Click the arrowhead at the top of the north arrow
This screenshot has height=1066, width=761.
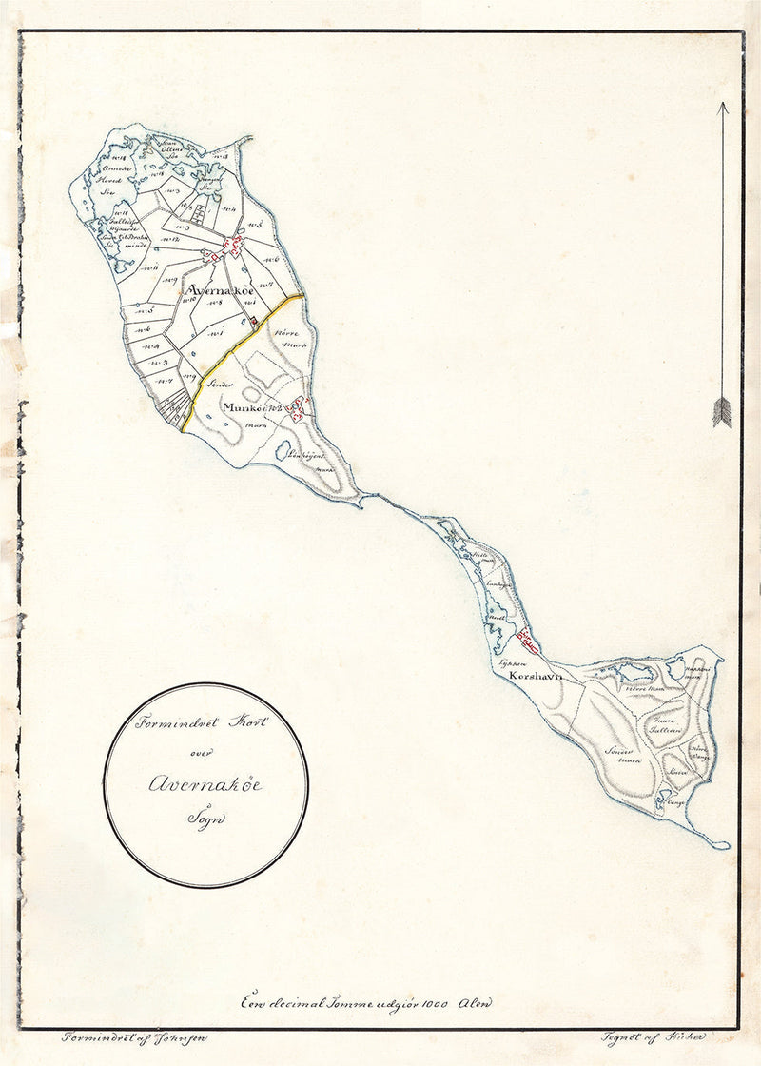click(722, 108)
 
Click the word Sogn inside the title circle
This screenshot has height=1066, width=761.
click(204, 818)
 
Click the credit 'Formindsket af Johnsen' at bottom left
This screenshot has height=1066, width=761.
click(132, 1038)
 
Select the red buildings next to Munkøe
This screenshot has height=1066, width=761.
click(298, 408)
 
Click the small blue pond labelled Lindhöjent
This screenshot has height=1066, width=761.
click(283, 450)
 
